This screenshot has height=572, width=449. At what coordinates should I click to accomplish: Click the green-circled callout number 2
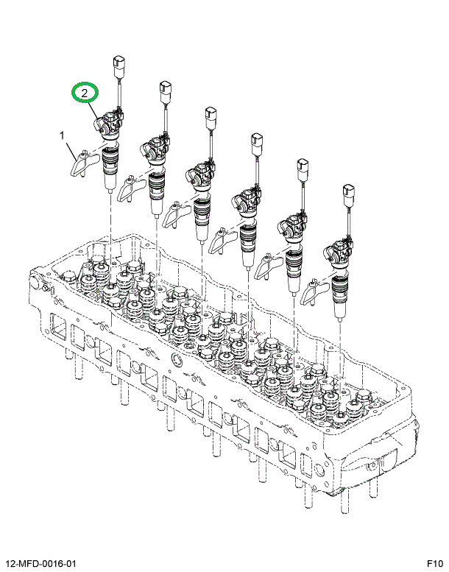85,93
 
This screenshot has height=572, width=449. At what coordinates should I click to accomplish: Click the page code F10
433,563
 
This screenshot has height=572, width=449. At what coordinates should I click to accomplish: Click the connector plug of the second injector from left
165,94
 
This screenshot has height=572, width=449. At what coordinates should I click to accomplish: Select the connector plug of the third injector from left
211,118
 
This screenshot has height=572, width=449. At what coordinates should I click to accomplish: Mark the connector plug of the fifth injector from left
302,169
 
